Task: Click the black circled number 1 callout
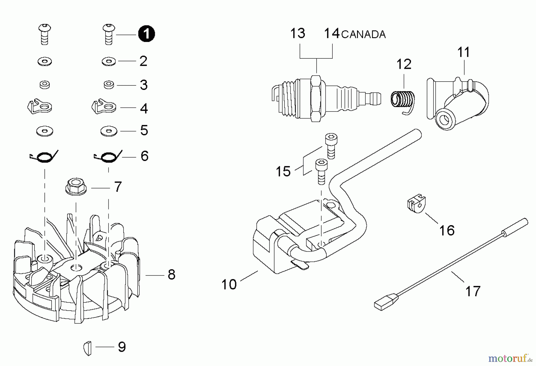click(146, 34)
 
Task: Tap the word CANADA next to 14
click(363, 35)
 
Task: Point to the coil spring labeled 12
click(402, 99)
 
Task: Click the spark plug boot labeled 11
click(458, 103)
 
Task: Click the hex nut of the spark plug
click(316, 98)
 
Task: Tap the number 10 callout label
click(229, 284)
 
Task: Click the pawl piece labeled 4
click(103, 107)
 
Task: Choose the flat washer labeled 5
click(109, 131)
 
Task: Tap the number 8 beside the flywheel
click(171, 275)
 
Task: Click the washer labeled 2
click(109, 62)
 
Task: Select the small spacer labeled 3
click(109, 85)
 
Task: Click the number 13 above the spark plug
click(297, 33)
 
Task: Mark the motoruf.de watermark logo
click(510, 357)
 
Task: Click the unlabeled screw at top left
click(45, 34)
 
